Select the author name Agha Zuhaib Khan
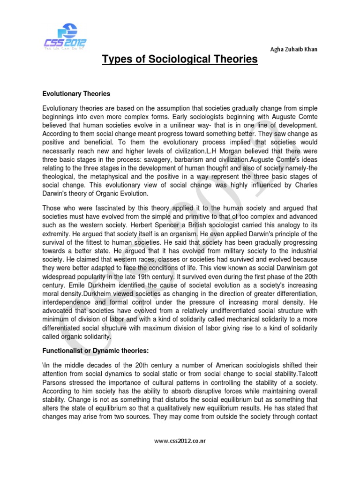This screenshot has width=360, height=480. pos(291,49)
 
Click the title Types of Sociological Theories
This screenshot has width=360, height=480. pos(180,60)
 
